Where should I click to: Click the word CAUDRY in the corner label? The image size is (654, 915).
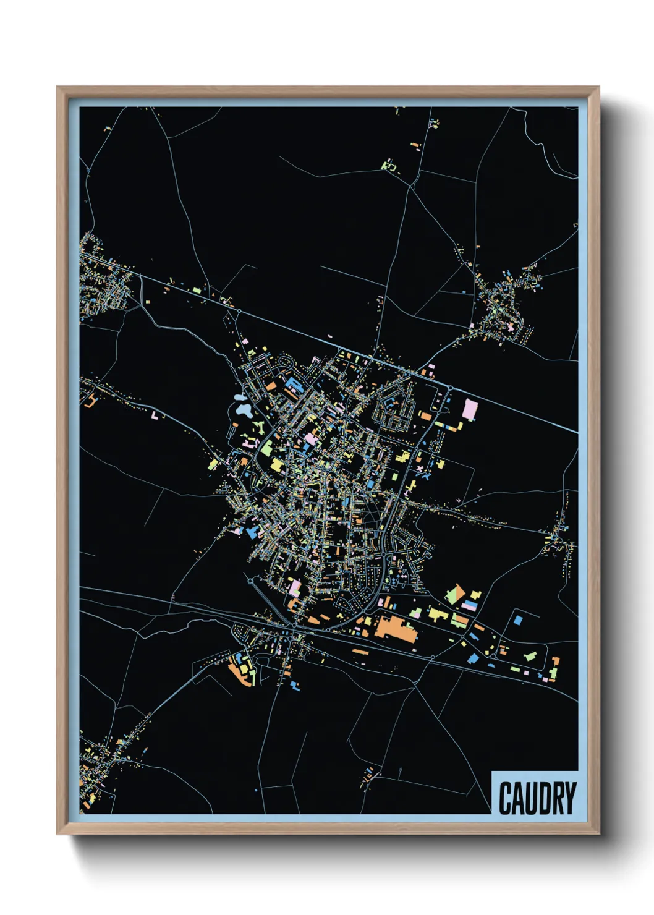click(537, 798)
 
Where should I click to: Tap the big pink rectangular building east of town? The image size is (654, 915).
click(470, 410)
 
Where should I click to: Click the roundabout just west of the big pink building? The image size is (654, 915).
click(450, 388)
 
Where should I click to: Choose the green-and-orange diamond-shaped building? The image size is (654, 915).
click(455, 594)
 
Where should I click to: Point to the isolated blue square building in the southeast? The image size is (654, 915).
click(517, 618)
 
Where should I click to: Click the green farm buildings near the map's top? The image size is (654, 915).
click(388, 165)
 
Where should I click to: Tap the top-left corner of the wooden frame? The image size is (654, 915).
click(58, 88)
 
